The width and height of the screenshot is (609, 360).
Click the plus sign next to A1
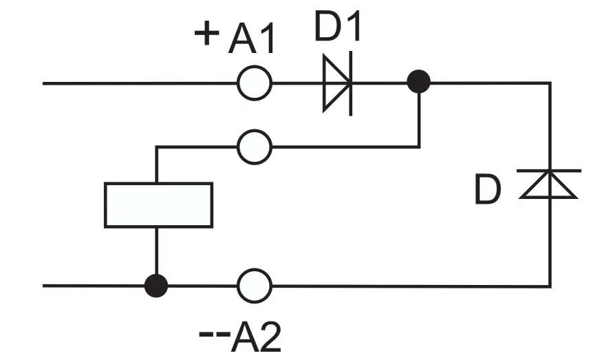[206, 33]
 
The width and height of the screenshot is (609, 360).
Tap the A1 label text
[252, 38]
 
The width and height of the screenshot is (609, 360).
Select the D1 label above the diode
[337, 26]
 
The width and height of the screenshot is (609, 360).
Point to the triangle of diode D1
[336, 83]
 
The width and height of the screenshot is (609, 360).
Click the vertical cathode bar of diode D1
[351, 83]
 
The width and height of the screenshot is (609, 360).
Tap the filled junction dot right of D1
[418, 82]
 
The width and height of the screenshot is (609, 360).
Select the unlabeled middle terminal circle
[255, 147]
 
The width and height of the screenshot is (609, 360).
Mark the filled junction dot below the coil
[156, 286]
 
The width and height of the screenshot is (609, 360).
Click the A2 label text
[255, 337]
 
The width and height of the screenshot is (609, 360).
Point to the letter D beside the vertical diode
[488, 190]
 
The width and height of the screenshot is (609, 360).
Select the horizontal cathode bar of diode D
[549, 171]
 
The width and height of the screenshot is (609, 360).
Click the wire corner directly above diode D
[550, 83]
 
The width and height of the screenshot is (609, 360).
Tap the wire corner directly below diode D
[550, 286]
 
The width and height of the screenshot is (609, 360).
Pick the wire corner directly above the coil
[156, 147]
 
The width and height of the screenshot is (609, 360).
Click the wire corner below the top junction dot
[419, 147]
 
